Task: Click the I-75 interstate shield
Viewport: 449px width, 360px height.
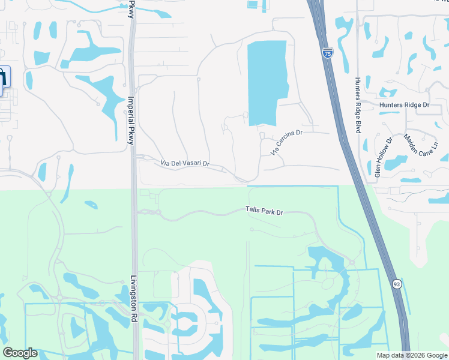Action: click(x=327, y=53)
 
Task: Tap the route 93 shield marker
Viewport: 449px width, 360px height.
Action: click(x=397, y=284)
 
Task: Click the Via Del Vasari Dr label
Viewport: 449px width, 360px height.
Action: click(x=184, y=164)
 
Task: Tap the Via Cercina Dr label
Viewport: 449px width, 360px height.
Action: click(x=285, y=142)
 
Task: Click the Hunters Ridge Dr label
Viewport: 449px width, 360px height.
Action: click(x=405, y=104)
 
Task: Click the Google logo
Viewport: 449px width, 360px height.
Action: click(x=20, y=353)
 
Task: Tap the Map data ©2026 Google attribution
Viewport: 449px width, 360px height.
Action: click(x=412, y=355)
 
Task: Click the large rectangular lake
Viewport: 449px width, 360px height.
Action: click(x=267, y=84)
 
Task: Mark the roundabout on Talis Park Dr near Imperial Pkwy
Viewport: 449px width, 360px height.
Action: click(x=152, y=212)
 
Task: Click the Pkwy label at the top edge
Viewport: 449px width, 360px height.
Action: click(x=131, y=9)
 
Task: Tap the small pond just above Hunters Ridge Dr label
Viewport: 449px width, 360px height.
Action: click(x=388, y=93)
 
